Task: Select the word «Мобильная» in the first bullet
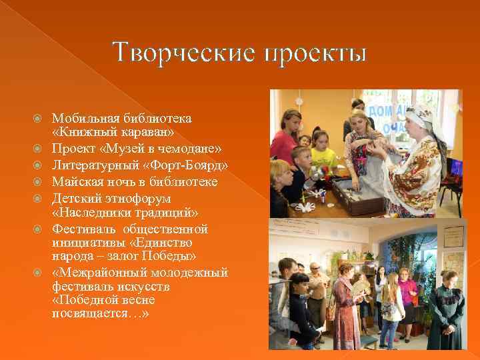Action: (85, 118)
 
